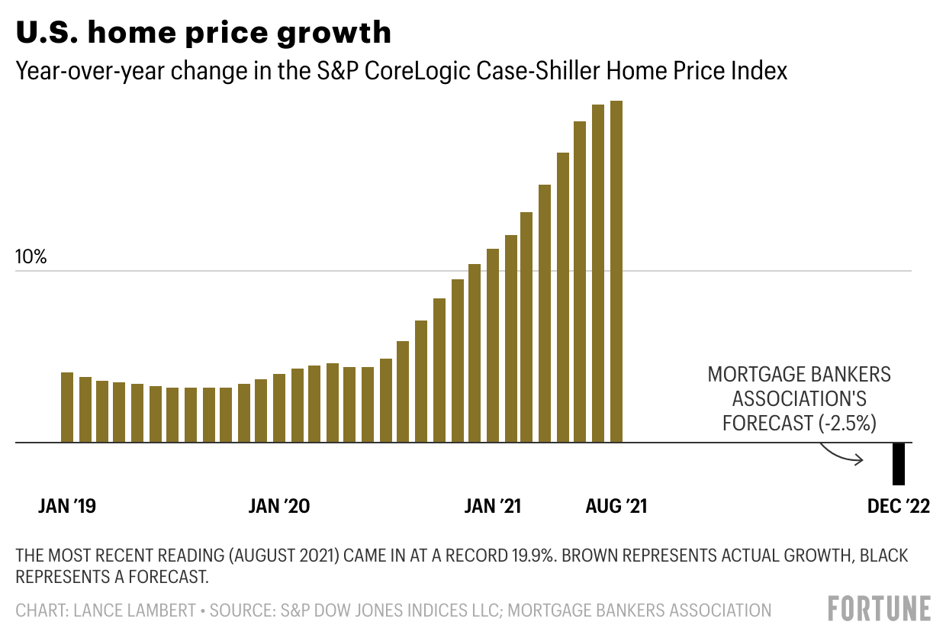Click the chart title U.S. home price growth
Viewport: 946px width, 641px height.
[204, 33]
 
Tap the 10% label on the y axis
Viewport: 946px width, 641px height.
[31, 257]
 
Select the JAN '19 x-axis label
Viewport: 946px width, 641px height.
[67, 507]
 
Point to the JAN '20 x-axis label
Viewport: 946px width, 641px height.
[279, 507]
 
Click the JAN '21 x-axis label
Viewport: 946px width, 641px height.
[492, 507]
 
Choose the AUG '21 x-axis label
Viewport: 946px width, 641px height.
[616, 507]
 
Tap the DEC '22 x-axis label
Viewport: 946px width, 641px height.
[899, 507]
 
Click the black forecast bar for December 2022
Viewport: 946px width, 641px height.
[899, 463]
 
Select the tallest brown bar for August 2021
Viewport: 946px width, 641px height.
[616, 272]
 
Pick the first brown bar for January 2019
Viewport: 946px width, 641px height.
[67, 407]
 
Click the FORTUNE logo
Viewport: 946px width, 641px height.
[880, 608]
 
